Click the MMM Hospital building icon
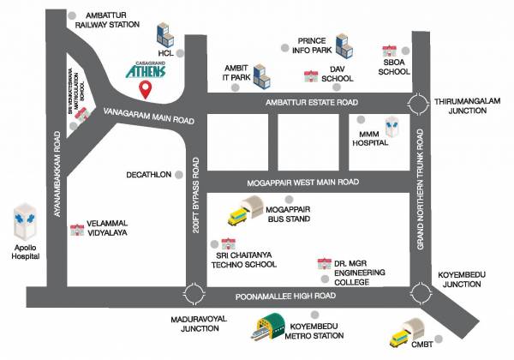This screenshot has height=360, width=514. coord(392,126)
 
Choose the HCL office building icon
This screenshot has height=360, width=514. coord(166,37)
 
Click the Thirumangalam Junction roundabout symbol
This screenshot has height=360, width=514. coord(417,104)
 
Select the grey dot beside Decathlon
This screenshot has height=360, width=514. coord(179,173)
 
